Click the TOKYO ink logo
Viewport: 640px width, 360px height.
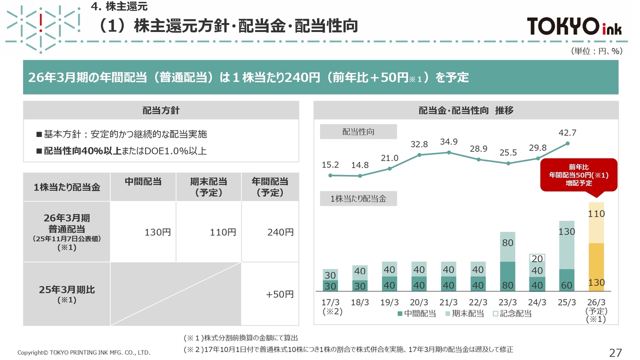pyautogui.click(x=574, y=26)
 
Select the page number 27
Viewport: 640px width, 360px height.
pyautogui.click(x=615, y=352)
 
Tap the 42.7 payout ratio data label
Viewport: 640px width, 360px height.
pyautogui.click(x=567, y=133)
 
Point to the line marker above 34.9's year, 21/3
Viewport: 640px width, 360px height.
pyautogui.click(x=448, y=152)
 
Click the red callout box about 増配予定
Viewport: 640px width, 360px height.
pyautogui.click(x=578, y=175)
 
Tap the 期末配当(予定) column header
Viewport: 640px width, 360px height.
pyautogui.click(x=208, y=187)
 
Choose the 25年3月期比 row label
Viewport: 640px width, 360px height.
pyautogui.click(x=66, y=293)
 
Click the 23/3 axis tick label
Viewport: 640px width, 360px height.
pyautogui.click(x=507, y=302)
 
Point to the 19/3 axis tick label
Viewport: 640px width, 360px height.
pyautogui.click(x=389, y=302)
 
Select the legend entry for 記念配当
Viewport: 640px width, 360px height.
pyautogui.click(x=512, y=314)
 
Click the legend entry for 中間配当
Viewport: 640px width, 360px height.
pyautogui.click(x=416, y=314)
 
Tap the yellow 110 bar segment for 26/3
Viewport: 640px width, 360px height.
pyautogui.click(x=596, y=222)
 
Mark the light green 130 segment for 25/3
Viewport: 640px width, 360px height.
pyautogui.click(x=566, y=244)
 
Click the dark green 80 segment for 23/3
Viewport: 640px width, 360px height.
pyautogui.click(x=507, y=276)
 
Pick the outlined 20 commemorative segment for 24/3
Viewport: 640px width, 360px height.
pyautogui.click(x=537, y=259)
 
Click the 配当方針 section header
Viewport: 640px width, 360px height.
pyautogui.click(x=161, y=110)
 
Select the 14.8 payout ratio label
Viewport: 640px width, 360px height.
pyautogui.click(x=360, y=165)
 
